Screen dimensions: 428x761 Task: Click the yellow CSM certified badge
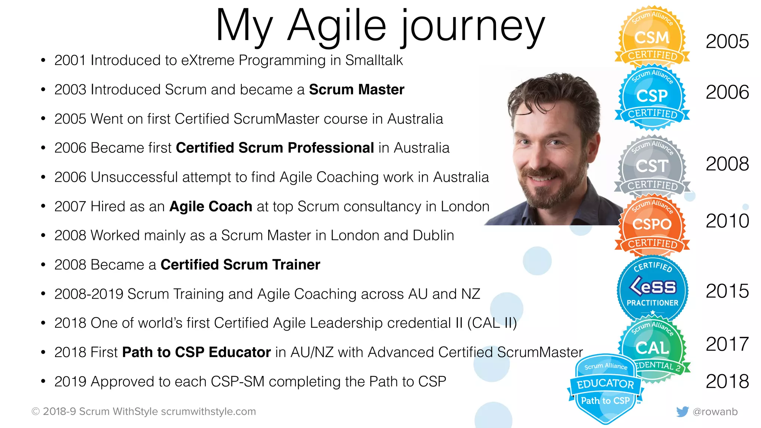[x=652, y=37]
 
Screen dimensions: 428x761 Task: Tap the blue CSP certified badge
[x=652, y=97]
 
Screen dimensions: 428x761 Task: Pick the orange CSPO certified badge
[x=652, y=224]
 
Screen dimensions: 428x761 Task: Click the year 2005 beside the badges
[x=727, y=41]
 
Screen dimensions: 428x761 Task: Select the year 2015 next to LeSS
[x=727, y=291]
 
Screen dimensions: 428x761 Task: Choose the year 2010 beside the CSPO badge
[x=727, y=221]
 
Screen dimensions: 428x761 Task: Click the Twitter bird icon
[x=682, y=412]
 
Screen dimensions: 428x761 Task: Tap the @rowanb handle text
[x=715, y=412]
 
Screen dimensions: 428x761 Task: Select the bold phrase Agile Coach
[x=211, y=207]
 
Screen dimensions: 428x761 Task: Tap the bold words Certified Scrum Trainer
[x=240, y=265]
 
